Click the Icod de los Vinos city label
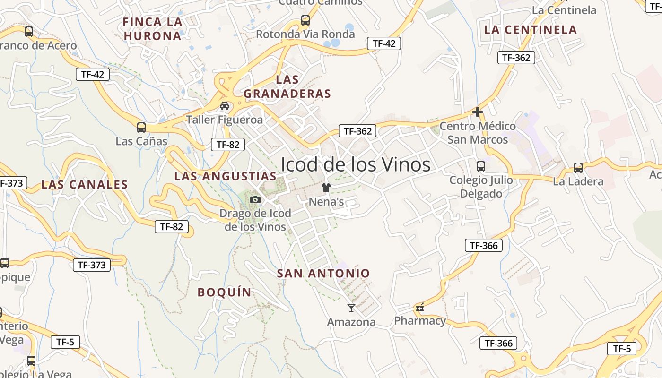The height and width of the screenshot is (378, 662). [356, 164]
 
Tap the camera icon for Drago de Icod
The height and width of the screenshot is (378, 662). [255, 199]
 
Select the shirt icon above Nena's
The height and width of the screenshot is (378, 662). [326, 187]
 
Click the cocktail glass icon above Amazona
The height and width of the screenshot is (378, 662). [351, 308]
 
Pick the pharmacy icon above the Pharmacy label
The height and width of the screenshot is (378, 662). [419, 308]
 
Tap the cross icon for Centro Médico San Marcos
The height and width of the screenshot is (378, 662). [478, 112]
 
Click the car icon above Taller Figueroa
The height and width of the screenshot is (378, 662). [225, 105]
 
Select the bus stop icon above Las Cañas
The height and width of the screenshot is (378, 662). [141, 127]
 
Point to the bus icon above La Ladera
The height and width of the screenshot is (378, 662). [578, 167]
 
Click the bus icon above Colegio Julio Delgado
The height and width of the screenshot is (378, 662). [480, 166]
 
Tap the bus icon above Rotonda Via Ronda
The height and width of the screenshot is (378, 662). [305, 20]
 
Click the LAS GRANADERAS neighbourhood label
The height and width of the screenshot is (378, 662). [287, 86]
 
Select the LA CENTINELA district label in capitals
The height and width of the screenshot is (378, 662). [531, 30]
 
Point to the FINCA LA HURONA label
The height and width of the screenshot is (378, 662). [152, 29]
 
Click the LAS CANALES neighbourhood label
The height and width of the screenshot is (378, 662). [85, 185]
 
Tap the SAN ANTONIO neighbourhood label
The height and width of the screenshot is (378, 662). [323, 273]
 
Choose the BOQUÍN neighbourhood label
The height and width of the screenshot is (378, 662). [225, 292]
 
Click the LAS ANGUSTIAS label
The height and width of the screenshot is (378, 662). [225, 176]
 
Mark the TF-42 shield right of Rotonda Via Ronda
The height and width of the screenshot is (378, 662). [384, 43]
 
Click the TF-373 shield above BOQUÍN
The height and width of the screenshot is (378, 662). [92, 265]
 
